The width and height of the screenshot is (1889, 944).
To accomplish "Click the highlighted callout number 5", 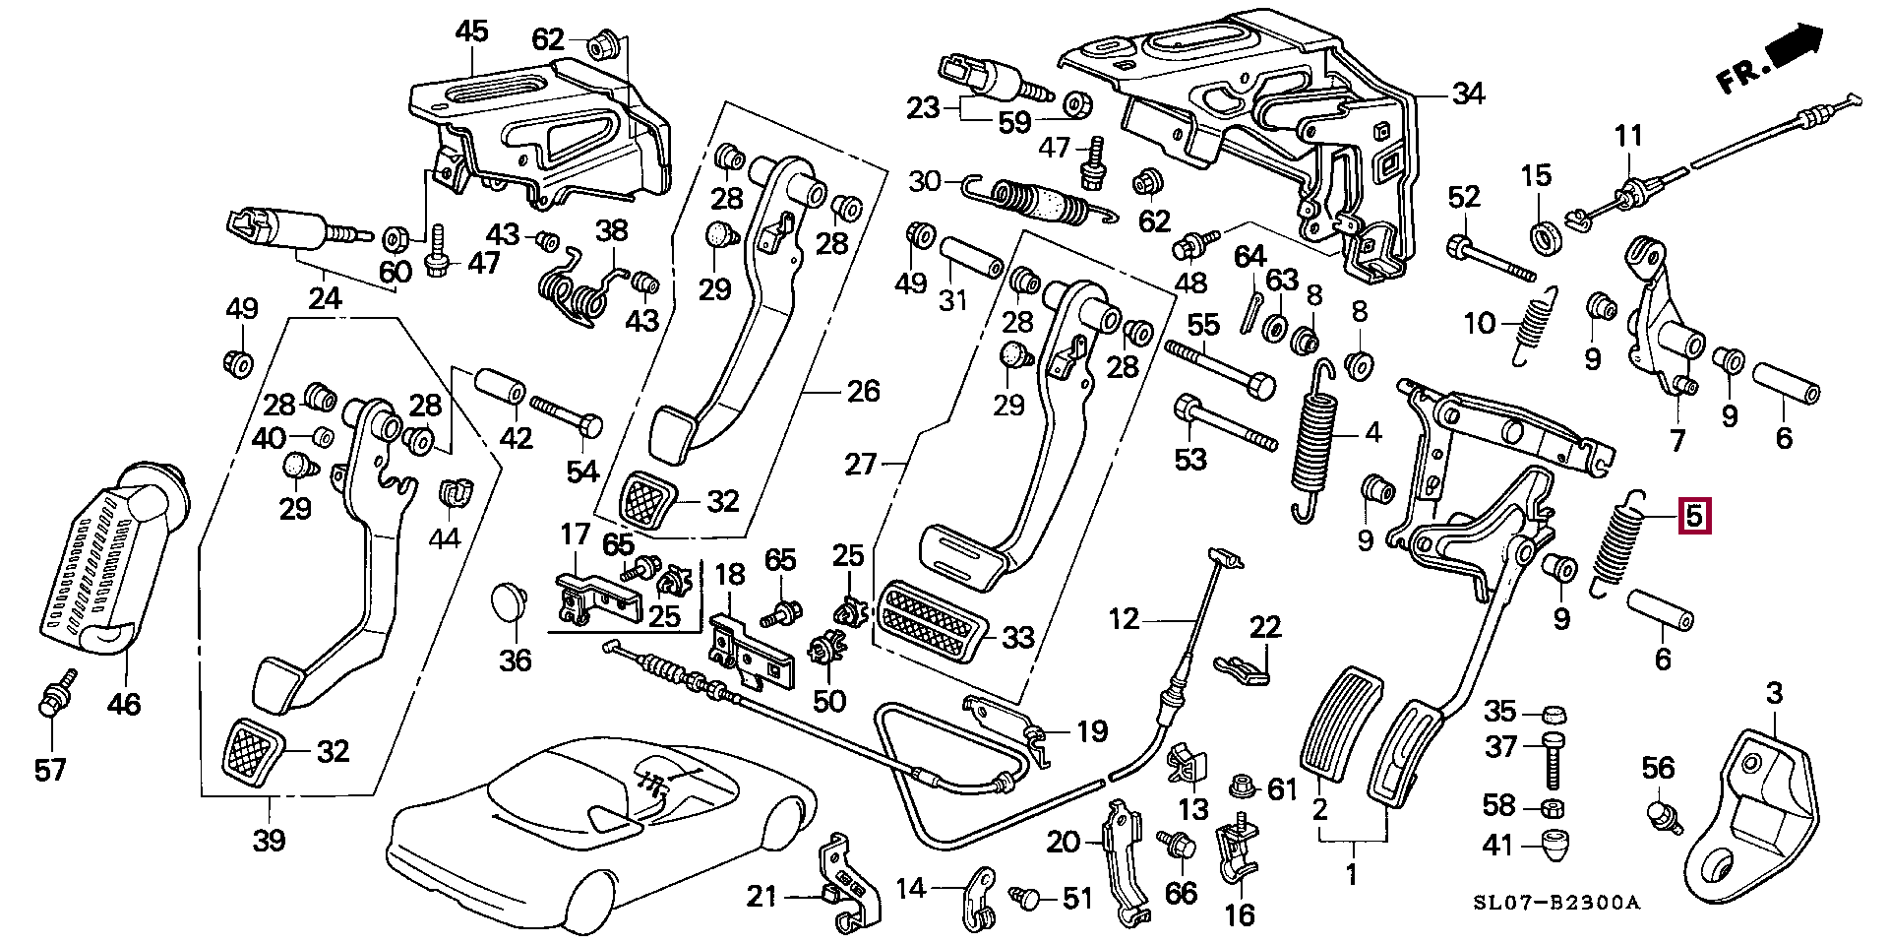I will (1693, 516).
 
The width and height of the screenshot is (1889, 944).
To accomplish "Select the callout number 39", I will (269, 840).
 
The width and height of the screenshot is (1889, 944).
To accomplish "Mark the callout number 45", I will (471, 31).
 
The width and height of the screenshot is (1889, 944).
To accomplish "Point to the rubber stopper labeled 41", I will (1554, 844).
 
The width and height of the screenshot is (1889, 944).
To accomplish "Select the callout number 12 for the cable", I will (1124, 619).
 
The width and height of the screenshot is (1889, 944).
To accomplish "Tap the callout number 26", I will (863, 392).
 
